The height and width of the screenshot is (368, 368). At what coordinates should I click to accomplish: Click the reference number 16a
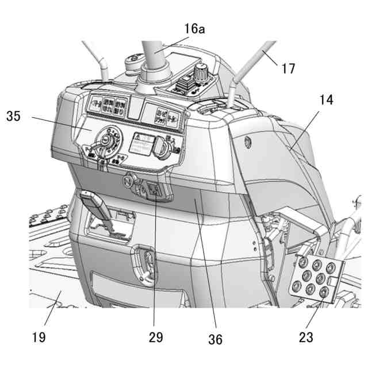pyautogui.click(x=194, y=28)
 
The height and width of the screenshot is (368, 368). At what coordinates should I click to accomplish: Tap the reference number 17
pyautogui.click(x=288, y=68)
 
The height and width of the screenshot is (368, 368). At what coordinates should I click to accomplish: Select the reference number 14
pyautogui.click(x=326, y=99)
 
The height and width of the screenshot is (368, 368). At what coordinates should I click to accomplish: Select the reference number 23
pyautogui.click(x=305, y=338)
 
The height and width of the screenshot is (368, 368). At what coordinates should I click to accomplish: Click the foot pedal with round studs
pyautogui.click(x=316, y=275)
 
